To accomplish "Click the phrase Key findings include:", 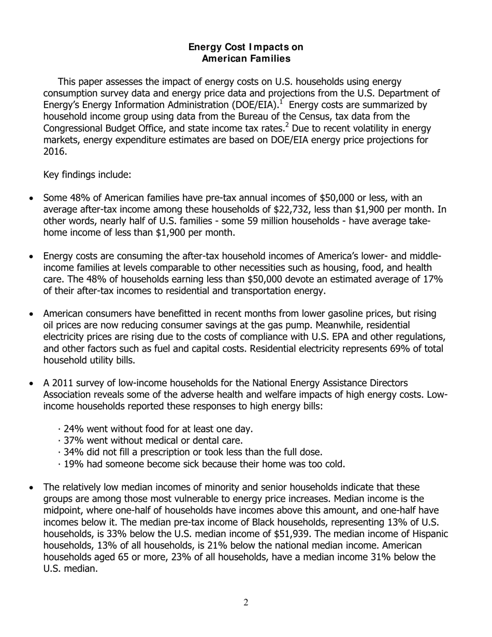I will (87, 175).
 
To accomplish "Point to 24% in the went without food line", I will (74, 429).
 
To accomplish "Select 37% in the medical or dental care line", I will (74, 441).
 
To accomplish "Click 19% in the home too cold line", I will (74, 464).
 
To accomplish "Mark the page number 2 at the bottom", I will (246, 602).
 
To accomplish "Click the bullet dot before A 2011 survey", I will (33, 384).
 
